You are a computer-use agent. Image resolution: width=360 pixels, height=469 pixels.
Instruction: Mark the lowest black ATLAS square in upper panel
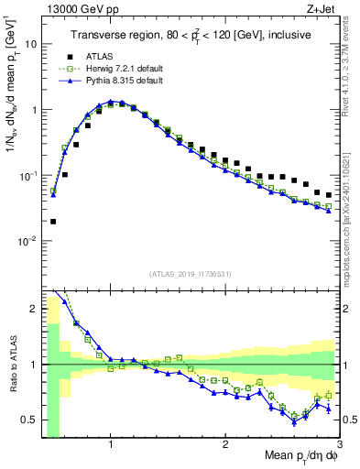point(53,221)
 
